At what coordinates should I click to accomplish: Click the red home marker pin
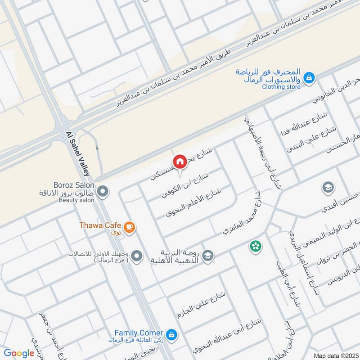(x=180, y=161)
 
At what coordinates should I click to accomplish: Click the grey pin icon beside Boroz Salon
(x=103, y=192)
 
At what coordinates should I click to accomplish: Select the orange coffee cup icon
(x=130, y=227)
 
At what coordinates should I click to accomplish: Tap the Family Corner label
(x=138, y=333)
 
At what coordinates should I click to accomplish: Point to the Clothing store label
(x=281, y=86)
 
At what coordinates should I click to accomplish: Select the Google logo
(x=19, y=353)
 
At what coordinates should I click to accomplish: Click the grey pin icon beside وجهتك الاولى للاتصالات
(x=137, y=256)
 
